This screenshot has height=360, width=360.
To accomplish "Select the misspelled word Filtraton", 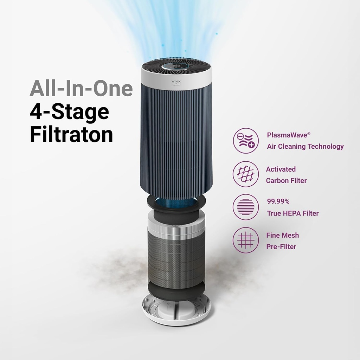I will coord(71,135).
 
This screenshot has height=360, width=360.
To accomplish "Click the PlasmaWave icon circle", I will coord(246,141).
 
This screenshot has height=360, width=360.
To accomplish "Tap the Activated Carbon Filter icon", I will coord(246,174).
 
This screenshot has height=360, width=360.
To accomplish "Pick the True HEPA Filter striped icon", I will coord(246,207).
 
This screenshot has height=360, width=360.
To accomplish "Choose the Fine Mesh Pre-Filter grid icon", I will coord(246,240).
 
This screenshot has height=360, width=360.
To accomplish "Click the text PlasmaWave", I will coord(289,135).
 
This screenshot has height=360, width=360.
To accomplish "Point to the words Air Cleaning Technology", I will coord(305,147).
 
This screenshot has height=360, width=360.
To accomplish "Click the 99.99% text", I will coord(278,202).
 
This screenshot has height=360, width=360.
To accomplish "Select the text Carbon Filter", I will coord(286,181).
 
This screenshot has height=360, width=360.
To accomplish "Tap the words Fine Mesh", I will coord(282,235).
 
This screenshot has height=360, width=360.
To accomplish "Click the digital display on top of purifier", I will coord(176,66).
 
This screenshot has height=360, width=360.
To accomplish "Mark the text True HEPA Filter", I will coord(293,213).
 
